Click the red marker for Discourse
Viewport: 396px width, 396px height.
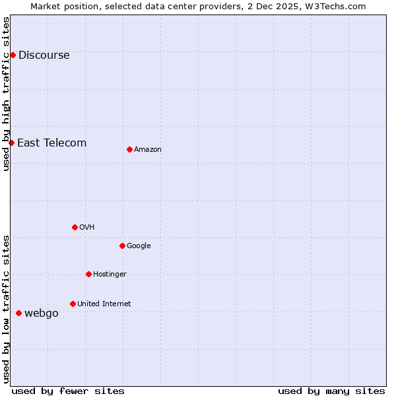pyautogui.click(x=13, y=55)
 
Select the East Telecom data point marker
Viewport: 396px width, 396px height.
pyautogui.click(x=11, y=143)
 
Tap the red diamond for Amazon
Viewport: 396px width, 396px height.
pyautogui.click(x=129, y=149)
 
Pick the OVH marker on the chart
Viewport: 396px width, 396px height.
pyautogui.click(x=75, y=227)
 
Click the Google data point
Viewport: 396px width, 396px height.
pyautogui.click(x=122, y=246)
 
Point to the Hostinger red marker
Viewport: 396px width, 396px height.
pyautogui.click(x=88, y=274)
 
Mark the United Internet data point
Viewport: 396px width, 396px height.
pyautogui.click(x=73, y=304)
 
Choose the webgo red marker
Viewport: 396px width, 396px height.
pyautogui.click(x=18, y=313)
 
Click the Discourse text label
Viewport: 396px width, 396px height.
pyautogui.click(x=44, y=55)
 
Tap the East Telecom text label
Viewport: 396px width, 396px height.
pyautogui.click(x=51, y=143)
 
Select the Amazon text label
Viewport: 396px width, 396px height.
pyautogui.click(x=147, y=150)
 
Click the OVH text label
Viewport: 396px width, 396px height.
pyautogui.click(x=86, y=228)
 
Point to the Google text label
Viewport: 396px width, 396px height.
pyautogui.click(x=139, y=246)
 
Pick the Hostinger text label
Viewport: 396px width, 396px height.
pyautogui.click(x=110, y=275)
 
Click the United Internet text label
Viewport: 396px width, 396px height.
pyautogui.click(x=104, y=304)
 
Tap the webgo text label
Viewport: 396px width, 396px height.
pyautogui.click(x=41, y=313)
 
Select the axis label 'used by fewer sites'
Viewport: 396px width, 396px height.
pyautogui.click(x=68, y=391)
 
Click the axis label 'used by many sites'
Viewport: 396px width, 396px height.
pyautogui.click(x=331, y=391)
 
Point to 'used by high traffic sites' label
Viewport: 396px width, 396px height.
pyautogui.click(x=6, y=94)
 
